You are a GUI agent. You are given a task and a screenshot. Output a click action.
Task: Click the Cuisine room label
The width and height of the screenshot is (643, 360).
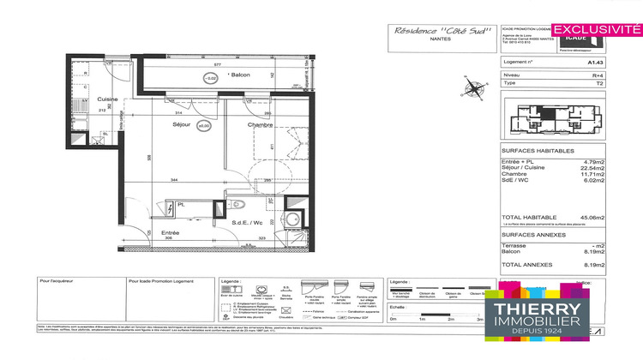coord(105,99)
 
